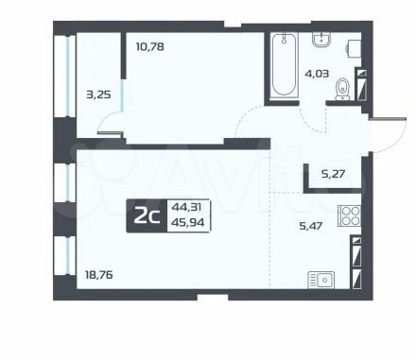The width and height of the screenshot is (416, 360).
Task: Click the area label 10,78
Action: point(150,47)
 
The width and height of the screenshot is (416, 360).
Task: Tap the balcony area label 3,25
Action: point(98,94)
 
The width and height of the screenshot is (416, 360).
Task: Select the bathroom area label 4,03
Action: point(317,74)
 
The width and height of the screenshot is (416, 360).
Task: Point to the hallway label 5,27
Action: point(333,174)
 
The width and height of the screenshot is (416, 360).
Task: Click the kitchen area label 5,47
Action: point(310,226)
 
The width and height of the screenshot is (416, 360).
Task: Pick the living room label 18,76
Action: point(99,275)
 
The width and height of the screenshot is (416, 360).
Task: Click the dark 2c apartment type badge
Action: point(147,216)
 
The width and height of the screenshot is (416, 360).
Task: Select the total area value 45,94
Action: point(187,223)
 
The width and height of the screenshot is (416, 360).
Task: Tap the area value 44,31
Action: point(186,207)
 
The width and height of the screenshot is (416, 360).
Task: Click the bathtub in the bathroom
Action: point(284,65)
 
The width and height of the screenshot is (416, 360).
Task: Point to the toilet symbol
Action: point(342,89)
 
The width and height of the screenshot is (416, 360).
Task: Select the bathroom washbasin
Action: point(321,40)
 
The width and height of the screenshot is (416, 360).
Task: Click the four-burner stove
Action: point(350,215)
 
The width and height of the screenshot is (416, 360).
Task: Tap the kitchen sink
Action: point(321,280)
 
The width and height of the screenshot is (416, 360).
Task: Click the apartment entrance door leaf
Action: point(389,119)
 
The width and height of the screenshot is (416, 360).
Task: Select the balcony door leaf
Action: point(110,133)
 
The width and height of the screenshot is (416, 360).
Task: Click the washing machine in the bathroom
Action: point(354,49)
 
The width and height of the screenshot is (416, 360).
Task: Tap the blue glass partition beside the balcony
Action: point(123,95)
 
